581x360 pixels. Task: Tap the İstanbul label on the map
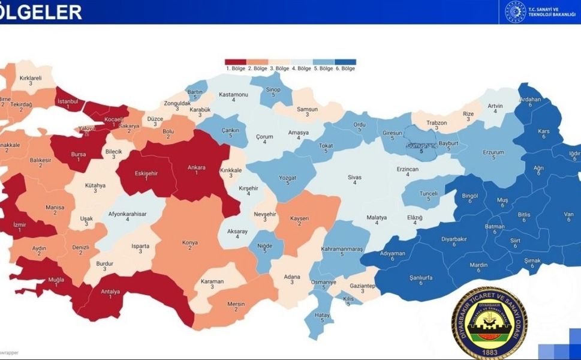click(x=68, y=101)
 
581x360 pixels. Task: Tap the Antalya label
click(x=110, y=292)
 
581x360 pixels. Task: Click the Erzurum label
click(x=493, y=152)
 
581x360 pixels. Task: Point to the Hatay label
click(x=322, y=316)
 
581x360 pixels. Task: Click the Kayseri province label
click(x=300, y=218)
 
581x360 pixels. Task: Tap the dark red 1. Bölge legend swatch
click(x=236, y=62)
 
